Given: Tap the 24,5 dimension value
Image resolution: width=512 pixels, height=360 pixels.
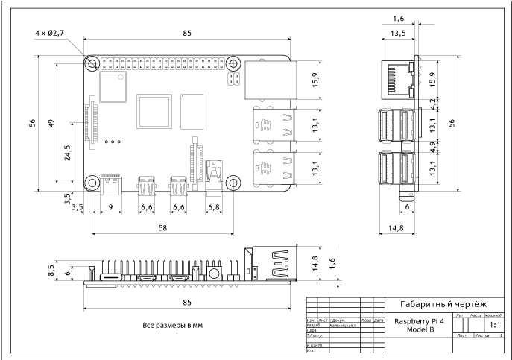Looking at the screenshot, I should coord(68,153).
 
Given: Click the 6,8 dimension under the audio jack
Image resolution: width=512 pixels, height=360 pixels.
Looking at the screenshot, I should coord(213,206).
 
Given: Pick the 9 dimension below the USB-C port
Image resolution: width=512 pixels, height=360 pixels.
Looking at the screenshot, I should coord(110,206).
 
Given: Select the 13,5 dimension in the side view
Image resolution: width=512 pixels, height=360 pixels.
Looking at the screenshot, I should coord(398,33).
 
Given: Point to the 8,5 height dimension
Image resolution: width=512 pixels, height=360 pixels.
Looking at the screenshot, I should coord(51,268).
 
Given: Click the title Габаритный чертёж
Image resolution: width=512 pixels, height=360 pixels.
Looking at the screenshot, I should coord(443,304).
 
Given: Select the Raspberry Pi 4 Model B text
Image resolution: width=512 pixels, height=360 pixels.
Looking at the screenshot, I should coord(419,325).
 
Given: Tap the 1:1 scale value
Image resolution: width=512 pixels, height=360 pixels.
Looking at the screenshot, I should coord(493,325).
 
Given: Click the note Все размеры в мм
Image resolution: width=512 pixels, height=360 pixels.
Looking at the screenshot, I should coord(172,326).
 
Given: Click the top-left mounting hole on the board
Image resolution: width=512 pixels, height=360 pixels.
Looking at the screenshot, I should coord(92,63).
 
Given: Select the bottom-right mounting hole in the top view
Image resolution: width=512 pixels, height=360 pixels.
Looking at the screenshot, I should coord(233,182).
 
